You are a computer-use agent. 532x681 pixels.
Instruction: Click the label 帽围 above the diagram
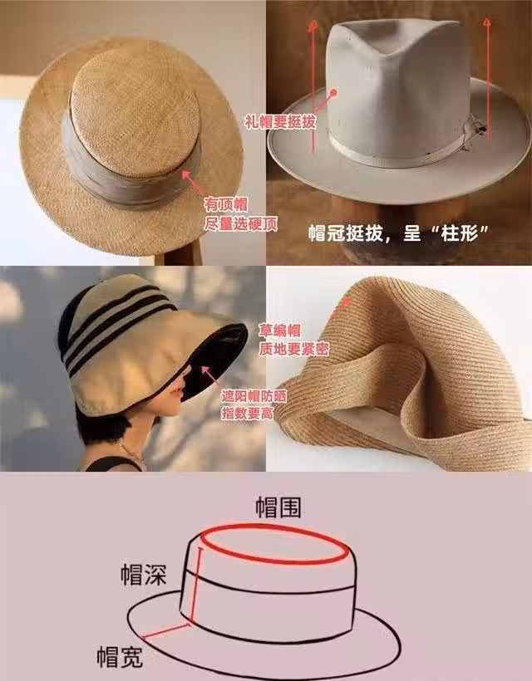coord(278,507)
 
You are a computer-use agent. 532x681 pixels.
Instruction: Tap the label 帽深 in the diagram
coord(144,574)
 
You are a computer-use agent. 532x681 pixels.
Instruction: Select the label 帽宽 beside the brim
coord(120,656)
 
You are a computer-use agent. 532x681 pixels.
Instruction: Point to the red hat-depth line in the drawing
coord(195,585)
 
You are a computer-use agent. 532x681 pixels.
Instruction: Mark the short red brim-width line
coord(167,630)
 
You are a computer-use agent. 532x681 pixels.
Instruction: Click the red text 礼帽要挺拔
coord(280,122)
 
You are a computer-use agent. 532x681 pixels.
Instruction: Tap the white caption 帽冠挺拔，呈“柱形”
coord(399,233)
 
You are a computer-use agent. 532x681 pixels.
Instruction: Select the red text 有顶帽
coord(226,204)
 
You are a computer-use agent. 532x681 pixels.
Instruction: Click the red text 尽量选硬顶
coord(240,223)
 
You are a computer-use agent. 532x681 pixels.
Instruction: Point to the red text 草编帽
coord(280,331)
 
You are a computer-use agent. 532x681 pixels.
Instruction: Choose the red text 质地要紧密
coord(293,349)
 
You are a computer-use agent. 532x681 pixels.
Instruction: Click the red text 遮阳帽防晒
coord(254,395)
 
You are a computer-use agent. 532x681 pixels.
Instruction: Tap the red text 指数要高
coord(248,413)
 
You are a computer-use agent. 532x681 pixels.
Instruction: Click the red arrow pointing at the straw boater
coord(193,182)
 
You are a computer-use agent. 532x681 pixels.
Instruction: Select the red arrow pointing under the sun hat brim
coord(210,376)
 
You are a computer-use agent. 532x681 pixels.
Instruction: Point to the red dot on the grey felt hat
coord(333,92)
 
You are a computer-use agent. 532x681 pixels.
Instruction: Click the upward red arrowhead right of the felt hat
coord(488,22)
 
